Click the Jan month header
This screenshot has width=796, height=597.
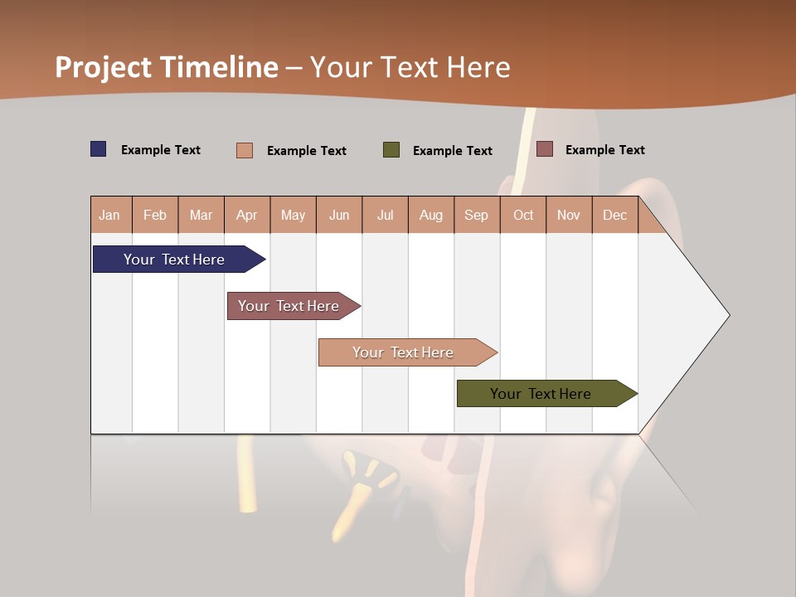(x=110, y=215)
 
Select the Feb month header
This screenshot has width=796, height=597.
(x=155, y=215)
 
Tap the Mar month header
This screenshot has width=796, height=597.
(x=201, y=215)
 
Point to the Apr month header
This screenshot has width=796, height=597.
(x=247, y=215)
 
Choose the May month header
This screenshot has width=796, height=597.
(x=293, y=215)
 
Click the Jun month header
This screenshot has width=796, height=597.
(x=339, y=215)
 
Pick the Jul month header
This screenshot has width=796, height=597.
(x=385, y=215)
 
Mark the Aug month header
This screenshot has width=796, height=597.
(x=431, y=215)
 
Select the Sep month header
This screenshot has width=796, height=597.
(x=477, y=215)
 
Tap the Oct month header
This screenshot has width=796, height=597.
(x=523, y=215)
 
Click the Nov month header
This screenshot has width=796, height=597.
(x=569, y=215)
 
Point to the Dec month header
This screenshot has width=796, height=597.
(x=615, y=215)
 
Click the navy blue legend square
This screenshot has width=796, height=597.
(x=99, y=149)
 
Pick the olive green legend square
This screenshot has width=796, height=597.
(x=391, y=150)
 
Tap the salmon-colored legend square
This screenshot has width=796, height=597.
(x=245, y=150)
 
